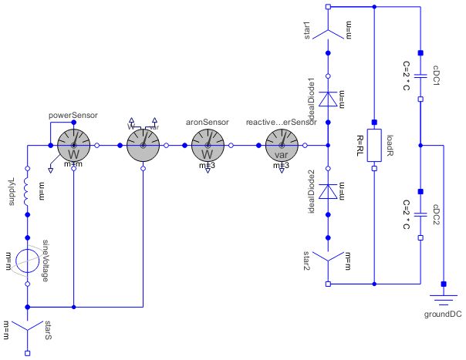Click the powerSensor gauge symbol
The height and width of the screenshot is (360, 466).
coord(73,144)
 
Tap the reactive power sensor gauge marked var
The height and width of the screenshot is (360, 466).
coord(281,144)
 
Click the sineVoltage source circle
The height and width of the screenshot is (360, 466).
coord(27,261)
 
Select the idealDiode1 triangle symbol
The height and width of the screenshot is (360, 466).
coord(328,98)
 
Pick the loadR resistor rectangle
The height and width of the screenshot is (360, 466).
coord(374,144)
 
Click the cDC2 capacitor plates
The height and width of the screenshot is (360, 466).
coord(420,214)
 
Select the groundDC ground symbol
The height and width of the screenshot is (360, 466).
coord(444,298)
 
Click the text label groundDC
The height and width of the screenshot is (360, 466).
coord(444,315)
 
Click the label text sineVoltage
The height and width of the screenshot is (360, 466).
coord(46,260)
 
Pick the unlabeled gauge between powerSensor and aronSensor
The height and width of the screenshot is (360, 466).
coord(143,144)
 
